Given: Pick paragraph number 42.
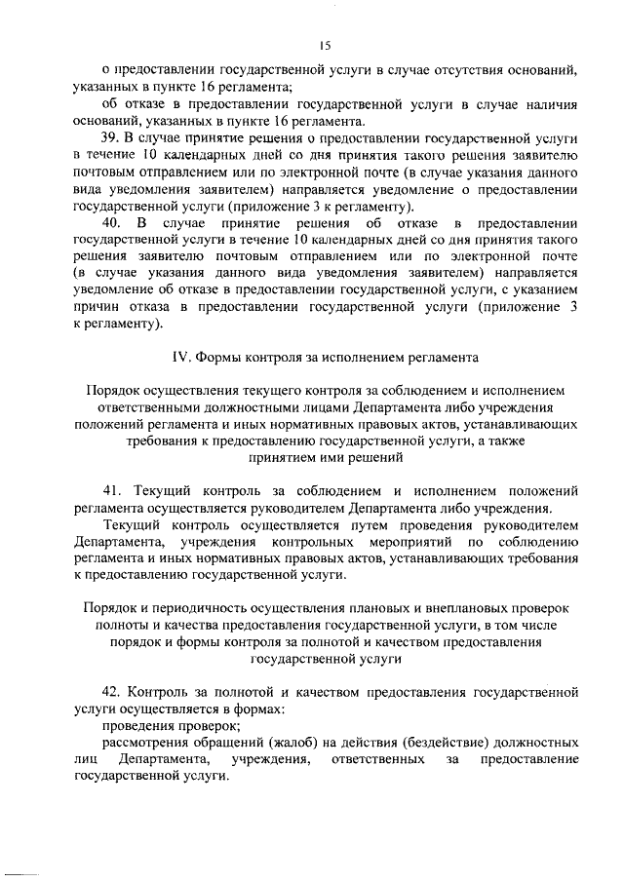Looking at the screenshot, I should pos(111,694).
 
